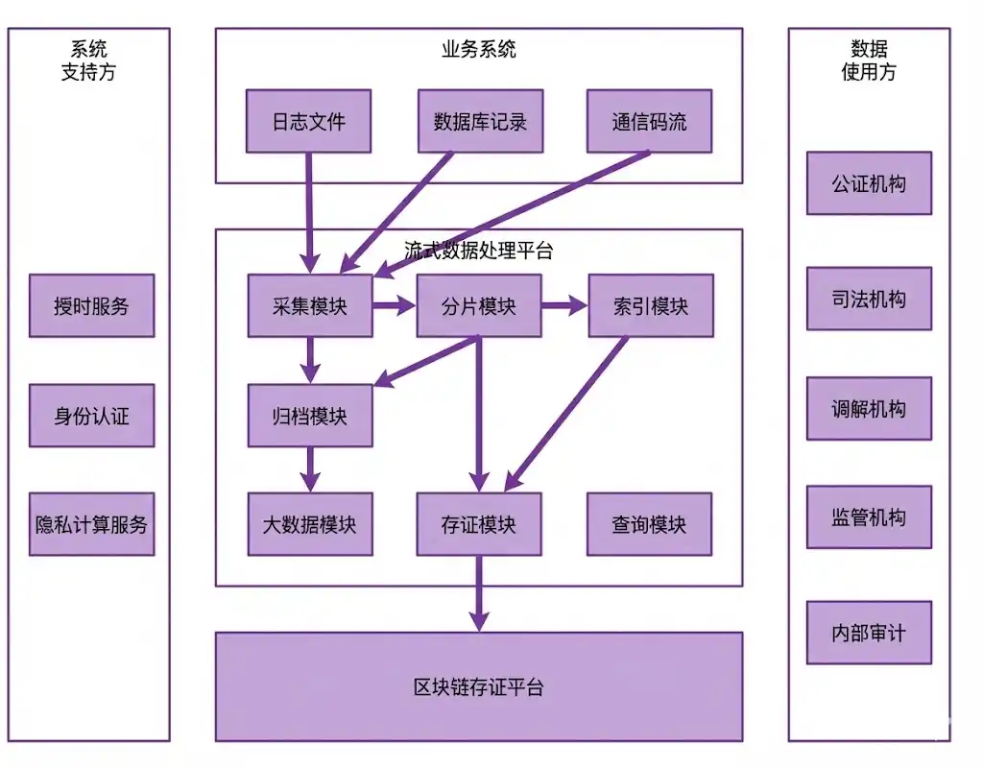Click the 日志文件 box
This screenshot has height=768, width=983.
[x=308, y=122]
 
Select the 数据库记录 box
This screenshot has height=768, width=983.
[x=480, y=122]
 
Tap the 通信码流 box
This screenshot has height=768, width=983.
[x=649, y=122]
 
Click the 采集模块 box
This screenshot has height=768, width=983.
[x=309, y=306]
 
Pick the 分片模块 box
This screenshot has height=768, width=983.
[x=478, y=306]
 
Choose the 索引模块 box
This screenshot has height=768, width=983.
[x=650, y=306]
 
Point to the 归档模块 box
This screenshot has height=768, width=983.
[x=309, y=416]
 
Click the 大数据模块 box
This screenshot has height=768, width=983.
[x=309, y=524]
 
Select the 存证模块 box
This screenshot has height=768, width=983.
[x=478, y=524]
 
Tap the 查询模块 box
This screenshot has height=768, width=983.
[x=649, y=524]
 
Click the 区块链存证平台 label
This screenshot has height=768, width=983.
[x=478, y=687]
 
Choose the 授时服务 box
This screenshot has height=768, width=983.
[x=91, y=306]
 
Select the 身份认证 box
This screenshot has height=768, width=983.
[x=91, y=416]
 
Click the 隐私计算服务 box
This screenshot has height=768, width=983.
[x=91, y=524]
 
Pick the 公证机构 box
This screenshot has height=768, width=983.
[x=869, y=183]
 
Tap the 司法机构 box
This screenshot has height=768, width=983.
[x=869, y=300]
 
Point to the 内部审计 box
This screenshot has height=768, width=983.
[x=869, y=634]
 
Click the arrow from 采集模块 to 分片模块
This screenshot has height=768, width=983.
[x=394, y=306]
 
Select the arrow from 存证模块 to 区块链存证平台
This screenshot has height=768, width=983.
[x=478, y=593]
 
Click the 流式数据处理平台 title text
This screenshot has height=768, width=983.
[x=478, y=252]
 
